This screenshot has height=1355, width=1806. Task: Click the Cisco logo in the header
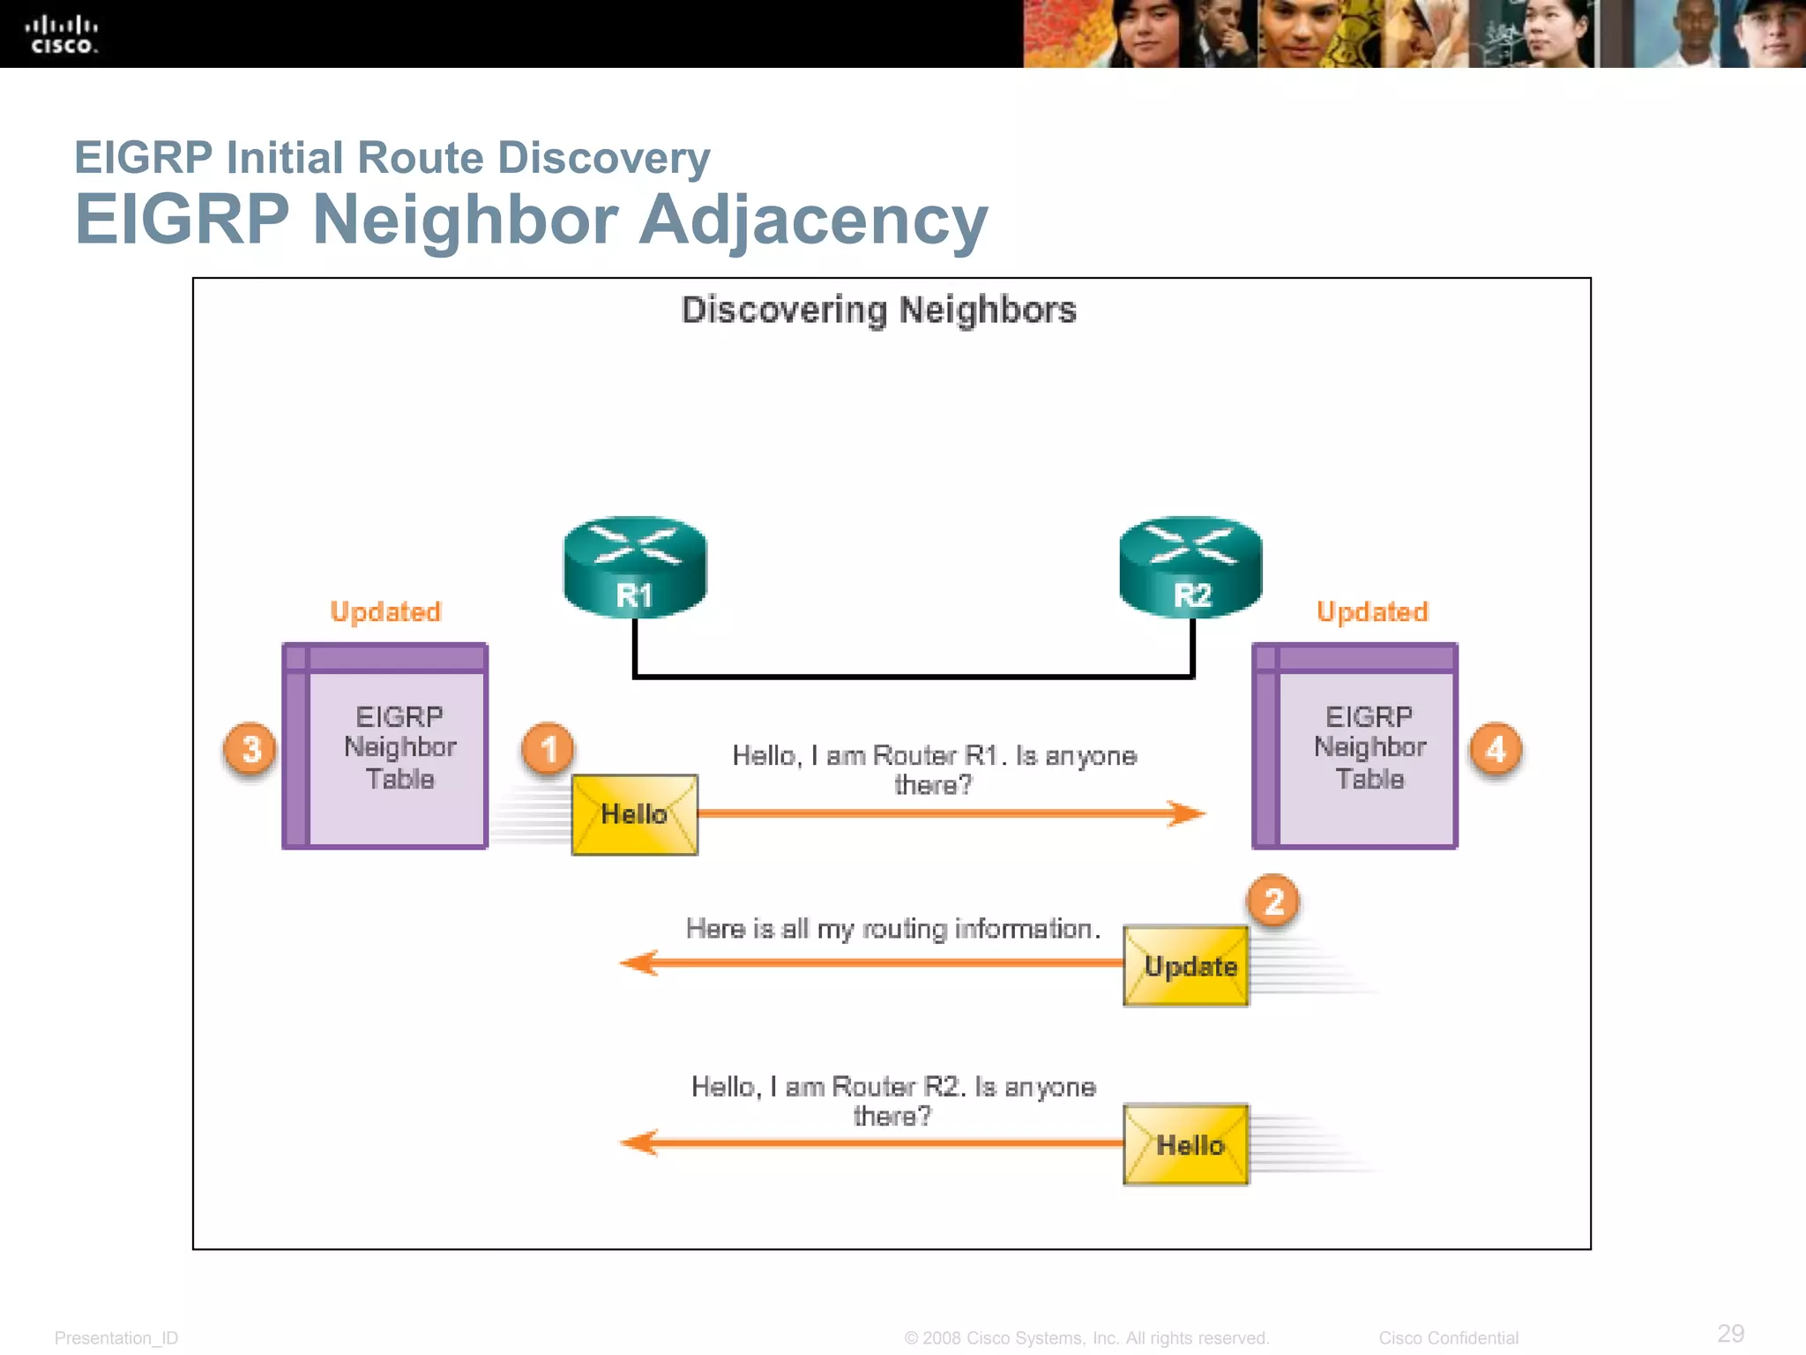tap(61, 34)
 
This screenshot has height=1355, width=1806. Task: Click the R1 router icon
tap(634, 567)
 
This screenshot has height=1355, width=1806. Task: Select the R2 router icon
tap(1190, 567)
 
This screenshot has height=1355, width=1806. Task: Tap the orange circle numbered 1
tap(549, 749)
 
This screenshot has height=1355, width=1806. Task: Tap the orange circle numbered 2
tap(1273, 901)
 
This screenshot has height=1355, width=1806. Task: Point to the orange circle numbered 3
tap(251, 749)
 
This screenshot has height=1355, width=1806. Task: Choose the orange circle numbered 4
tap(1496, 749)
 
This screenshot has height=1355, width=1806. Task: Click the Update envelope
tap(1186, 965)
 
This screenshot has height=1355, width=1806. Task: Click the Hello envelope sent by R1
tap(634, 814)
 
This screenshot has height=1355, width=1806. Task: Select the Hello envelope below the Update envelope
tap(1186, 1144)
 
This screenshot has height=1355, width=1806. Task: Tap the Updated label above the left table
tap(385, 611)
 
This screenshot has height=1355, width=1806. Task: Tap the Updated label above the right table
tap(1372, 611)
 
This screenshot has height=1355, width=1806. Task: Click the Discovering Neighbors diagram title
tap(879, 311)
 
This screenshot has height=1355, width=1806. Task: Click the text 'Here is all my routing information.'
tap(892, 928)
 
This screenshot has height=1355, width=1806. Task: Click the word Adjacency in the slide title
tap(812, 220)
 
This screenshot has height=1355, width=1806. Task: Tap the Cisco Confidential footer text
tap(1448, 1337)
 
